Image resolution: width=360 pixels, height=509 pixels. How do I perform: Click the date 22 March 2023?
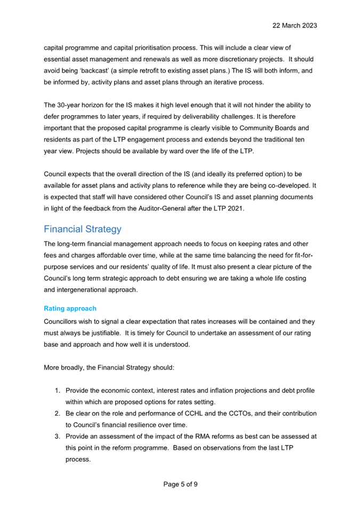(295, 25)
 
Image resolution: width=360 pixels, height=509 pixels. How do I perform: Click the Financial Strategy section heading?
(83, 229)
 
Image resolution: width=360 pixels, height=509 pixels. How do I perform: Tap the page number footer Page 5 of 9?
(180, 484)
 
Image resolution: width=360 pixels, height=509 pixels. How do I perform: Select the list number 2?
(58, 414)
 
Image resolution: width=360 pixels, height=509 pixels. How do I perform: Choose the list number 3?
(58, 436)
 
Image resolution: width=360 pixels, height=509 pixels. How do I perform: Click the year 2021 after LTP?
(234, 209)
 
